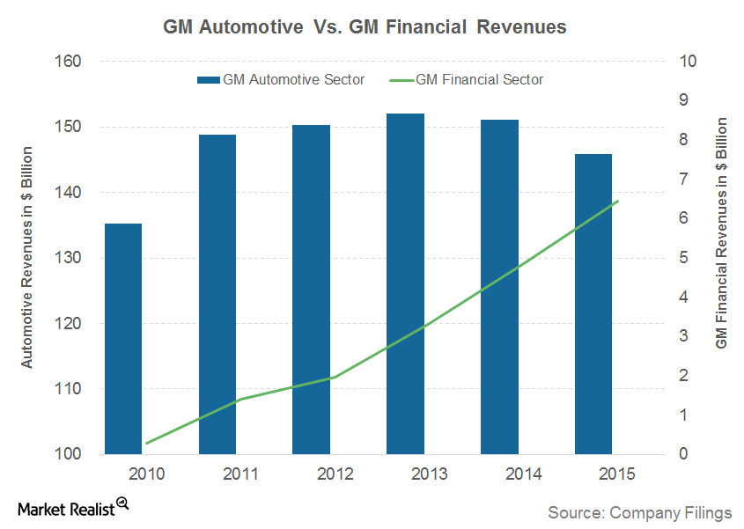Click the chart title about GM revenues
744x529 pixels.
pyautogui.click(x=365, y=27)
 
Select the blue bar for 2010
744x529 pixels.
pyautogui.click(x=123, y=339)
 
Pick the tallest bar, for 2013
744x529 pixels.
pyautogui.click(x=405, y=283)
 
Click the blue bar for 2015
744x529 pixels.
pyautogui.click(x=593, y=304)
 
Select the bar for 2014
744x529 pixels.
pyautogui.click(x=498, y=287)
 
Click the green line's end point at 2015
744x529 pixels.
pyautogui.click(x=618, y=201)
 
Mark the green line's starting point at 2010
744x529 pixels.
pyautogui.click(x=147, y=443)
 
